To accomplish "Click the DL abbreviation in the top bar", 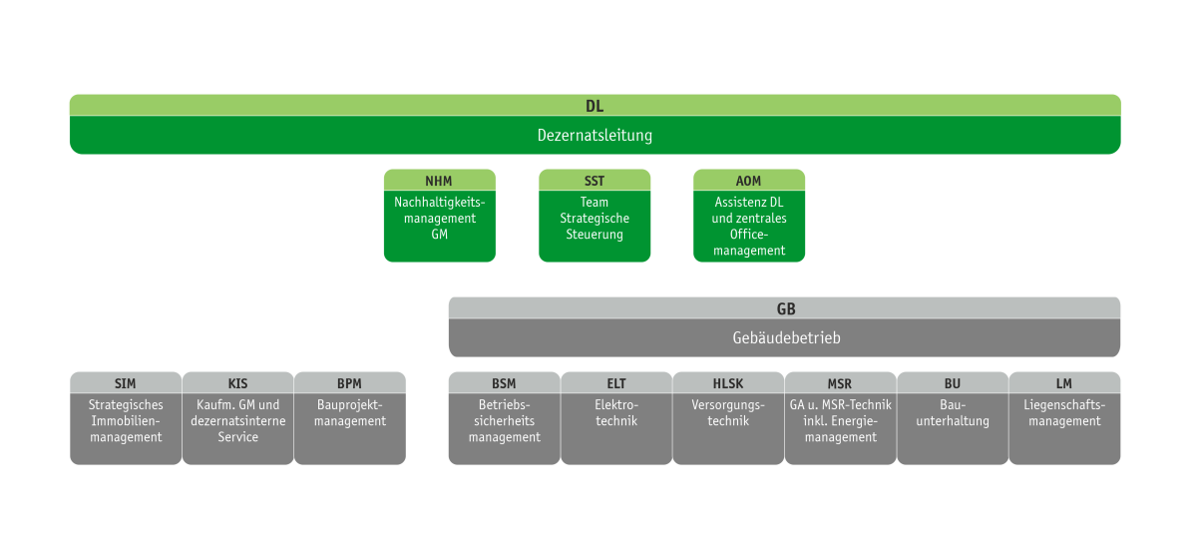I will point(595,105).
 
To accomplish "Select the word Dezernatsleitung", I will point(595,135).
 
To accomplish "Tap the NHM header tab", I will point(439,181).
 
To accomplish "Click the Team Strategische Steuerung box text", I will point(595,219).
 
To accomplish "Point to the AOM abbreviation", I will point(749,181).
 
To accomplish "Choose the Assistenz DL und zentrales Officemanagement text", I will point(749,227).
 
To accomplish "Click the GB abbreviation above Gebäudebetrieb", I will point(785,308).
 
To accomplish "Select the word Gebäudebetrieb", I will point(785,338).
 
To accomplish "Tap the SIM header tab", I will point(126,383).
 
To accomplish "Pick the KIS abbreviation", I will point(237,383).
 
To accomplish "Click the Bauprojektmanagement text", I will point(350,413).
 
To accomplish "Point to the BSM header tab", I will point(504,383).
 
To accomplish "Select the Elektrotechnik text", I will point(615,413).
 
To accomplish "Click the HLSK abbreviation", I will point(728,383).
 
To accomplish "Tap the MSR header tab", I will point(840,383).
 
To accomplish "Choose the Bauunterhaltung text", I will point(953,413).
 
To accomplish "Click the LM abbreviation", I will point(1064,383).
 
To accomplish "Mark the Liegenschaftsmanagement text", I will point(1064,413).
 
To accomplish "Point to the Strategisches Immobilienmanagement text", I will point(126,421).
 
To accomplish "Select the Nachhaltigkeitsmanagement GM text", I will point(439,219).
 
